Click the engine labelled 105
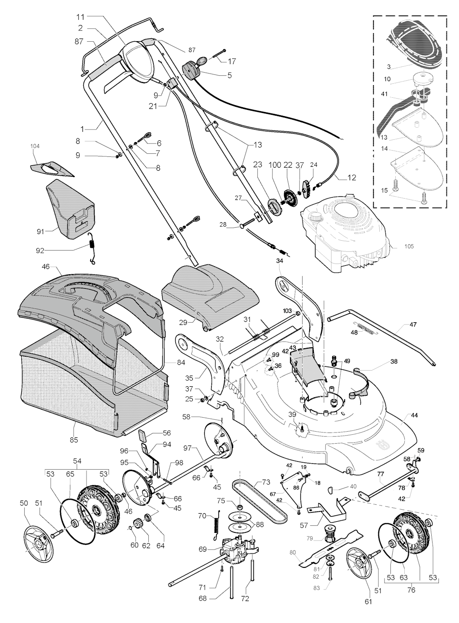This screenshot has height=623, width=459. click(x=345, y=233)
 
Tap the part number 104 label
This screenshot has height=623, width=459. click(x=35, y=147)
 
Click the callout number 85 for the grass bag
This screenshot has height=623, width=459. click(x=74, y=440)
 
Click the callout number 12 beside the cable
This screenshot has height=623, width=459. click(x=351, y=177)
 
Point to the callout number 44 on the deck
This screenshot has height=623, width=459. click(x=414, y=415)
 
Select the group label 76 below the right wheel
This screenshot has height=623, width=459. click(x=411, y=590)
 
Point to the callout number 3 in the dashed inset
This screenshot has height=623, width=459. click(x=389, y=67)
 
